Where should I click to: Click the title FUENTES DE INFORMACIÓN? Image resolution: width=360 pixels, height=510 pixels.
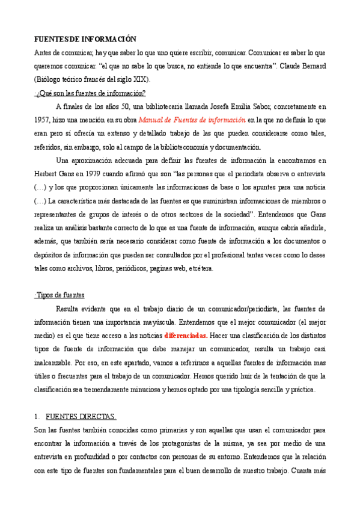[85, 38]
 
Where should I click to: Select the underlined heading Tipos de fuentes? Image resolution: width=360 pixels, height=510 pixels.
[60, 295]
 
